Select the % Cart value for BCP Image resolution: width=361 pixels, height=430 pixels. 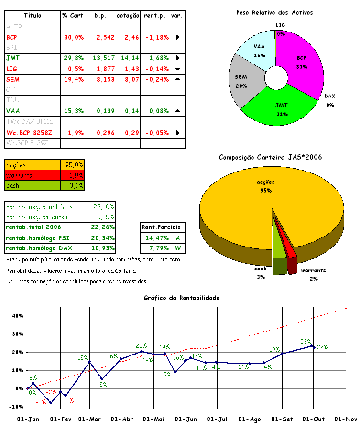click(73, 37)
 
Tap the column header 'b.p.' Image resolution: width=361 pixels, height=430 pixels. click(100, 16)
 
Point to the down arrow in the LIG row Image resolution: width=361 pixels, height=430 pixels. click(177, 69)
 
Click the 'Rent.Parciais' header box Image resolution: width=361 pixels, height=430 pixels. click(164, 227)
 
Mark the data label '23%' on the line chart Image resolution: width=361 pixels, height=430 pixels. click(306, 342)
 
